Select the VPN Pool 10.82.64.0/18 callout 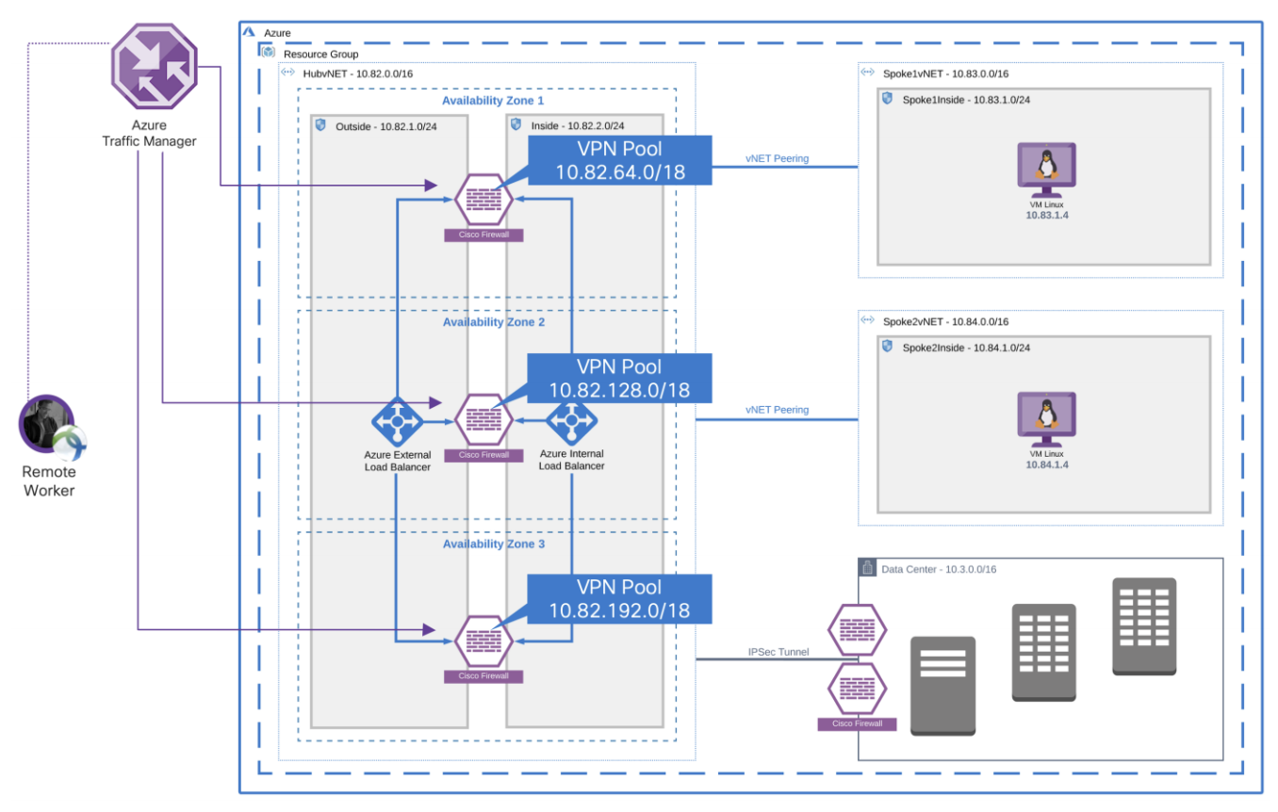(607, 160)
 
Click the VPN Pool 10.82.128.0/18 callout (607, 379)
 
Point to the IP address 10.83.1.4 (1046, 216)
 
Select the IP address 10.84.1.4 (1046, 464)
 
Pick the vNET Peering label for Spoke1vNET (777, 158)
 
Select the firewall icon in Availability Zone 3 (483, 641)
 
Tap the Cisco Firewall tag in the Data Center (856, 724)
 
